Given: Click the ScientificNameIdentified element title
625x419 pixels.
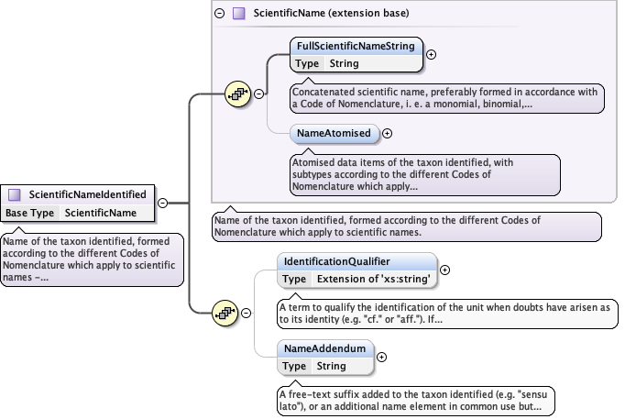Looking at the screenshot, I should pos(87,194).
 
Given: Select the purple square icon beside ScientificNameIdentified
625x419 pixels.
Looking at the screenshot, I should pos(15,194).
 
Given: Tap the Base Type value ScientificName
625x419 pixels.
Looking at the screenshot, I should pos(101,213).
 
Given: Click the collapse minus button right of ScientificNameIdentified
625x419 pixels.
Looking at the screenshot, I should pos(162,203).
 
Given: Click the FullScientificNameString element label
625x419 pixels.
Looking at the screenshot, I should pos(355,46).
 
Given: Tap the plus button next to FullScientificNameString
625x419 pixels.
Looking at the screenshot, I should pos(431,54).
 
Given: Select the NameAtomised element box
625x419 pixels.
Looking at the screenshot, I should pos(334,134).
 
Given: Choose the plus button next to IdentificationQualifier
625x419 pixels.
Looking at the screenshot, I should pos(445,270).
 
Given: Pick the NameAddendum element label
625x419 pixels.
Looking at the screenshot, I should pos(325,348).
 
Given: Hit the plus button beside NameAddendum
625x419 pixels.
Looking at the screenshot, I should pos(381,358).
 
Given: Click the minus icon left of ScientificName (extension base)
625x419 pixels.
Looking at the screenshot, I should pos(218,14).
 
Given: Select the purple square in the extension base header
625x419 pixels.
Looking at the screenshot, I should pos(238,14).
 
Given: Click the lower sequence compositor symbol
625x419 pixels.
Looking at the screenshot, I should pos(224,313).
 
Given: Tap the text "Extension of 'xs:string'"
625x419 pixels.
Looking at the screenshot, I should pos(374,279).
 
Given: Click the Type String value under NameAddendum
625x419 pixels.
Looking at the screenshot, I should pos(331,366).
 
